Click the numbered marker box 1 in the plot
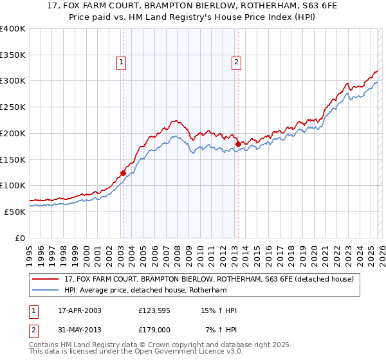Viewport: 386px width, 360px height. pyautogui.click(x=122, y=62)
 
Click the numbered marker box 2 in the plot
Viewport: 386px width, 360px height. pyautogui.click(x=237, y=62)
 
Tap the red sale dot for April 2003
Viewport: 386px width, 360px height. pyautogui.click(x=123, y=173)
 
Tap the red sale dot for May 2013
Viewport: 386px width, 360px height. pyautogui.click(x=237, y=144)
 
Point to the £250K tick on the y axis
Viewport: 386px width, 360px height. pyautogui.click(x=13, y=107)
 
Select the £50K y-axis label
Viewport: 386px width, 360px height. pyautogui.click(x=14, y=212)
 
